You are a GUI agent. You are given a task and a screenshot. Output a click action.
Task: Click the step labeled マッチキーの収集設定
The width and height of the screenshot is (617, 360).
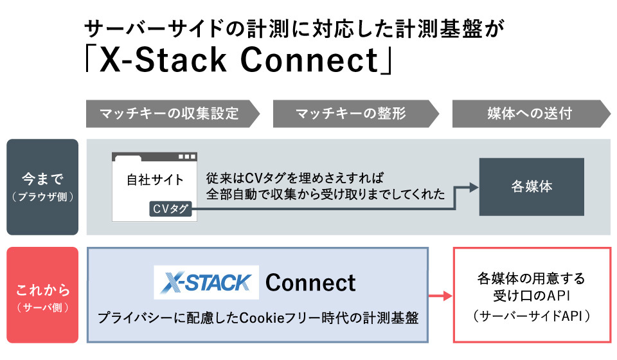170,114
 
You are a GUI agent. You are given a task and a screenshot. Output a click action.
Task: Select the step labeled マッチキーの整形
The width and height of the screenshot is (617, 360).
351,114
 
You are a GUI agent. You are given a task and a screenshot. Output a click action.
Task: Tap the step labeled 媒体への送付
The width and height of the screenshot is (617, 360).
530,114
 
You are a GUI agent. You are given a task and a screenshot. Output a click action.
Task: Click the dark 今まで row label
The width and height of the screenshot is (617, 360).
42,186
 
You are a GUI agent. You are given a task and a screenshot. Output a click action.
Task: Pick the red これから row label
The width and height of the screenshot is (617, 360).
42,294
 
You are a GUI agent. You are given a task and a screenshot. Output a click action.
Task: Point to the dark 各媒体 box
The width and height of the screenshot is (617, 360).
532,187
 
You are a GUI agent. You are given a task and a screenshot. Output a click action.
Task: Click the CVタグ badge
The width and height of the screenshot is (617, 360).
170,209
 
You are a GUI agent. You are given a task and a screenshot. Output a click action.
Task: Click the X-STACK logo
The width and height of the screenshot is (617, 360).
206,282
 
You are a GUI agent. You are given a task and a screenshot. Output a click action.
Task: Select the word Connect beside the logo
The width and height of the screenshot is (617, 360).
310,282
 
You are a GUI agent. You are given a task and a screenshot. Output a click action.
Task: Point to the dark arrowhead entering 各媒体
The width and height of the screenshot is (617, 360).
474,187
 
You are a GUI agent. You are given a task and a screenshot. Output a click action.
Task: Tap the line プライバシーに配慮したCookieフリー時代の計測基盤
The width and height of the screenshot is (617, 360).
257,318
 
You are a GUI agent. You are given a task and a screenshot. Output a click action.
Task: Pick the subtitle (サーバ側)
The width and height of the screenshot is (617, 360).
42,307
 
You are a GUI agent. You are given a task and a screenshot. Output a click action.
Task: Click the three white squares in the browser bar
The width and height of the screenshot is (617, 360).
186,157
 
